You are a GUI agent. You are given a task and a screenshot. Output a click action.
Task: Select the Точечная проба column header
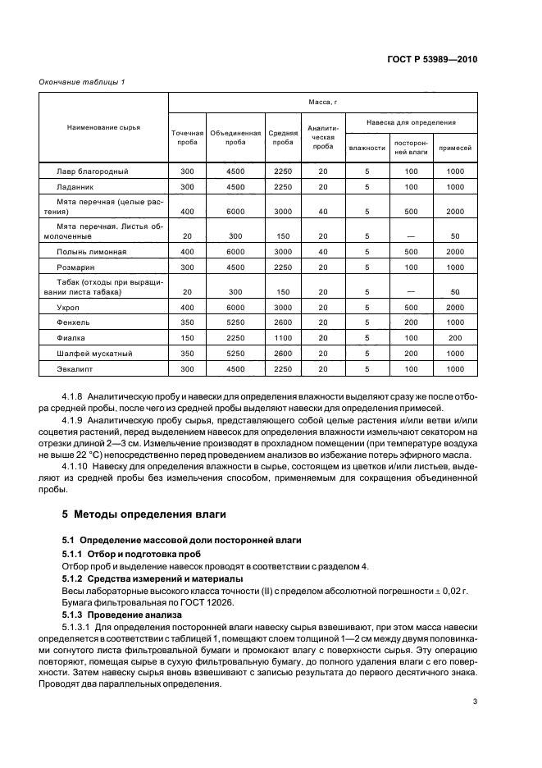coord(186,137)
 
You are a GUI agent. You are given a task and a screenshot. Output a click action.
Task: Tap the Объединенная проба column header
coord(235,137)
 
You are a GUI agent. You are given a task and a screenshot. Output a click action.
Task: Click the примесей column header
coord(455,148)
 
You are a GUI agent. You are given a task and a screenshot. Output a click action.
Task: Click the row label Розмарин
coord(75,267)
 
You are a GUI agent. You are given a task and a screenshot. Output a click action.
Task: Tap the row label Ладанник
coord(74,187)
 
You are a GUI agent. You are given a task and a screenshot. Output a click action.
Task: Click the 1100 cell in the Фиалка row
coord(283,337)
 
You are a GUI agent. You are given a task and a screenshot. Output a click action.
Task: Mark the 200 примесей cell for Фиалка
coord(455,337)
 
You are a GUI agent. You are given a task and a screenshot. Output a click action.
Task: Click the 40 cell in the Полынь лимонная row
coord(322,251)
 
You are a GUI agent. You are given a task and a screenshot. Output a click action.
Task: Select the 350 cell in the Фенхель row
coord(186,322)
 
